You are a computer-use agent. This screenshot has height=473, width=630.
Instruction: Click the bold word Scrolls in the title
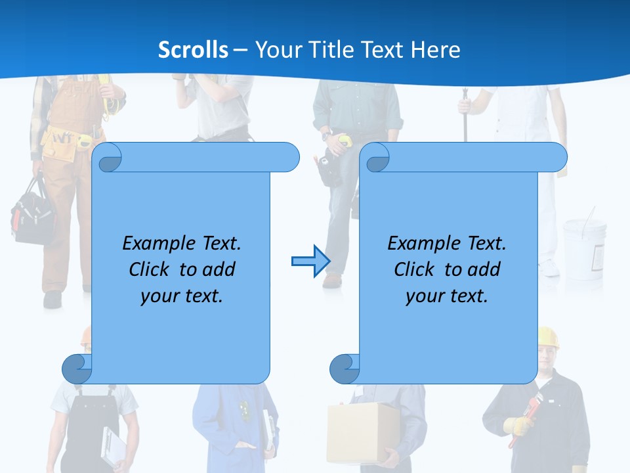pos(193,50)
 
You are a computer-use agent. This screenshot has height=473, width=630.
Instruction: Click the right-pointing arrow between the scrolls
pos(310,261)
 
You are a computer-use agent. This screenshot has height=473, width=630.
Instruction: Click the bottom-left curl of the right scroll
pos(345,369)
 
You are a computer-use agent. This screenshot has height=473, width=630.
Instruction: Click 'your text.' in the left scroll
pos(182,296)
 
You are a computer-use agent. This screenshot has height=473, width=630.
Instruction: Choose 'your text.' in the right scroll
pos(447,296)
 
